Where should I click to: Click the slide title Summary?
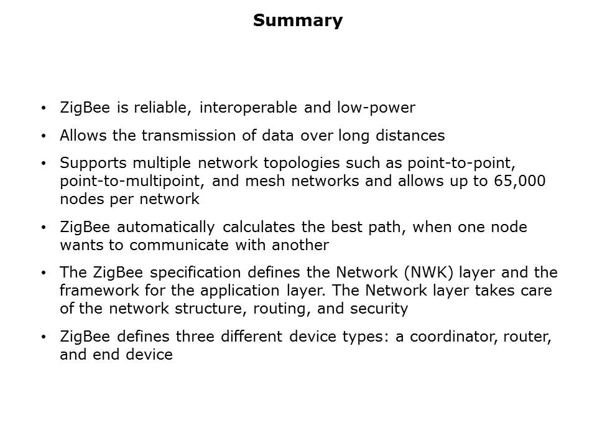coord(298,21)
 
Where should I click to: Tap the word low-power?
coord(376,108)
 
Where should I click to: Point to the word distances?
coord(410,135)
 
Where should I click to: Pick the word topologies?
coord(302,164)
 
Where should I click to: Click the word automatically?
coord(165,228)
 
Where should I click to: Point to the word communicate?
coord(179,245)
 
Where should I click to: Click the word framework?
coord(99,291)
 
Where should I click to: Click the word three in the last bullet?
coord(191,337)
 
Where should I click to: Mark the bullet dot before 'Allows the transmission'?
coord(44,136)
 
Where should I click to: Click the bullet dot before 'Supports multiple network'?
coord(44,164)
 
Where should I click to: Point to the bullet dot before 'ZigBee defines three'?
coord(44,337)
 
